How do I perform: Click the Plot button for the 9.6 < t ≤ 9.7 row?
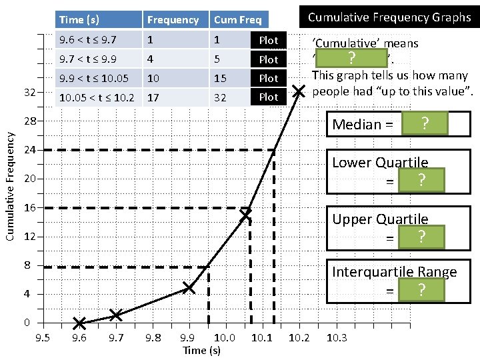coord(269,40)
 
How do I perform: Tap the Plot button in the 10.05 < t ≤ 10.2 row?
coord(269,97)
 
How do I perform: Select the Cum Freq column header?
coord(237,20)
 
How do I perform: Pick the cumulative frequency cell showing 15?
coord(220,78)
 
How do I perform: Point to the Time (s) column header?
coord(79,20)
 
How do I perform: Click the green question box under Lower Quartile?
coord(421,180)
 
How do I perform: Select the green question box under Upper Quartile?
coord(421,237)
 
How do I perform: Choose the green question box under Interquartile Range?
coord(421,290)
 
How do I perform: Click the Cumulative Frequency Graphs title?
coord(389,17)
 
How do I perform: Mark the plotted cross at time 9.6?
coord(79,323)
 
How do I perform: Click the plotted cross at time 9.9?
coord(189,287)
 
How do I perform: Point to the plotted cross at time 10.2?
coord(299,91)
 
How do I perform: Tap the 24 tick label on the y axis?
coord(30,151)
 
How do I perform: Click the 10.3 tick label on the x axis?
coord(337,338)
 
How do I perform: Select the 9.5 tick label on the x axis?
coord(42,338)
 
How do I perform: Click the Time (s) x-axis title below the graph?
coord(201,350)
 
